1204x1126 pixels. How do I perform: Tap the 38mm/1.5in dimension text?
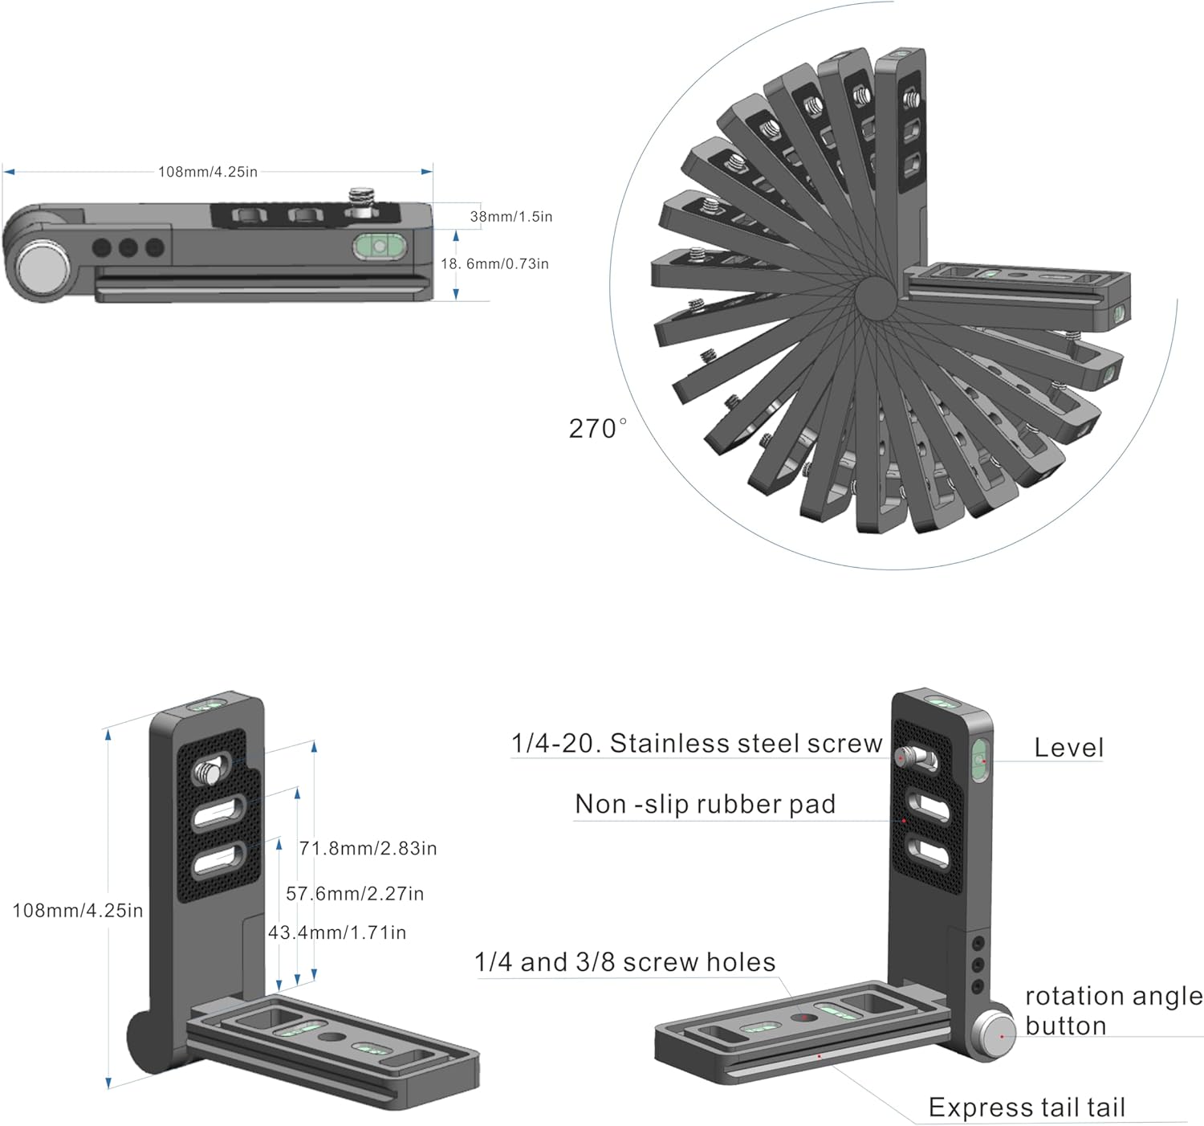pos(510,217)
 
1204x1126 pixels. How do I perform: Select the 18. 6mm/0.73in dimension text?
pos(494,264)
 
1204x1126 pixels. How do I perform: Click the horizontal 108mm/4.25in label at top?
pos(208,172)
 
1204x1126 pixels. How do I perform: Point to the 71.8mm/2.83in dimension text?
pos(368,849)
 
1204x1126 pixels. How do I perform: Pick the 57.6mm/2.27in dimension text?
pos(355,894)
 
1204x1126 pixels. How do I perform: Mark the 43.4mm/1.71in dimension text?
pos(337,932)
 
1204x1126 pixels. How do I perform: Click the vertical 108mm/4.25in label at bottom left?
pos(78,911)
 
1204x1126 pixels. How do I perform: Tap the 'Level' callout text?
pos(1068,748)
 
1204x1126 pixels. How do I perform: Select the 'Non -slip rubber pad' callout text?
pos(706,804)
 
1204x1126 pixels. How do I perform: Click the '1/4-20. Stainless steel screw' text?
pos(697,744)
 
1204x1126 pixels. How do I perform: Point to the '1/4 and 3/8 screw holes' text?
pos(624,962)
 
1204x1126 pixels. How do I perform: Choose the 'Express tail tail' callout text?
pos(1027,1108)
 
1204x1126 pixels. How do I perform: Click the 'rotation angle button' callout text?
pos(1113,1010)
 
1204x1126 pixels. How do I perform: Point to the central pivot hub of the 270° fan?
pos(874,298)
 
